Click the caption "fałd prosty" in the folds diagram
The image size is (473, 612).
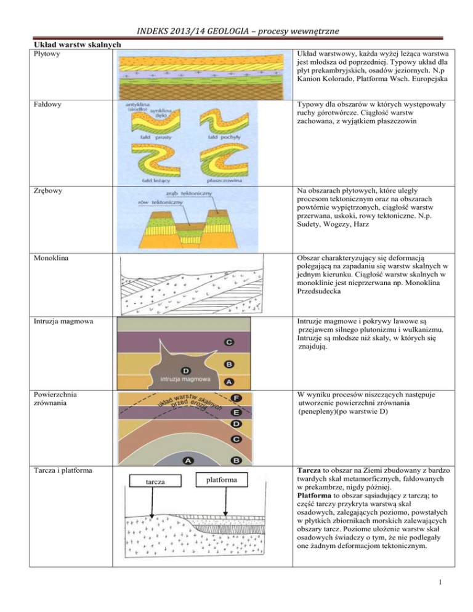pos(143,136)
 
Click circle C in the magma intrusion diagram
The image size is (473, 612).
pos(228,341)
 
